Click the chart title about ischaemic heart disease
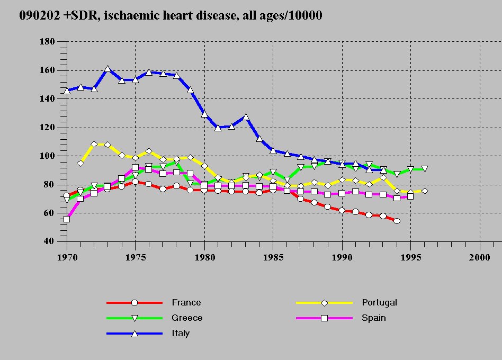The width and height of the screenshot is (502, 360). pos(171,15)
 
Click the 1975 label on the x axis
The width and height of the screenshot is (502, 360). pos(135,255)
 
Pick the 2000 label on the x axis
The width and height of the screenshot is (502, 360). pos(480,255)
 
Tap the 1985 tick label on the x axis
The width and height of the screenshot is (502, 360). pos(273,255)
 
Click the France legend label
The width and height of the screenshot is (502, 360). pos(186,303)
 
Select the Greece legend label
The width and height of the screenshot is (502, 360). pos(187,318)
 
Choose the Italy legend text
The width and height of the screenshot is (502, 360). pos(180,334)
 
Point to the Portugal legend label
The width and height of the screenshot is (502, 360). pos(379,303)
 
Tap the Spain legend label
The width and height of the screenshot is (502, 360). pos(374,318)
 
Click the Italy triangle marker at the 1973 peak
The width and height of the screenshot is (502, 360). pos(107,69)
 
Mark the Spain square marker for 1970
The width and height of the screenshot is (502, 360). pos(67,219)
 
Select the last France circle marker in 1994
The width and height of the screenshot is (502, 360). pos(397,221)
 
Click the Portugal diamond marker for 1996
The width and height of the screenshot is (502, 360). pos(424,191)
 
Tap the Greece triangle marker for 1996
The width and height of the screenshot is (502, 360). pos(424,169)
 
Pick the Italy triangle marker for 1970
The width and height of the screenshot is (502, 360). pos(67,91)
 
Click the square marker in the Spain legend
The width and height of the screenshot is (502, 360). pos(325,318)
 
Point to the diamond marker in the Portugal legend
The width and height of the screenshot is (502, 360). pos(325,303)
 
